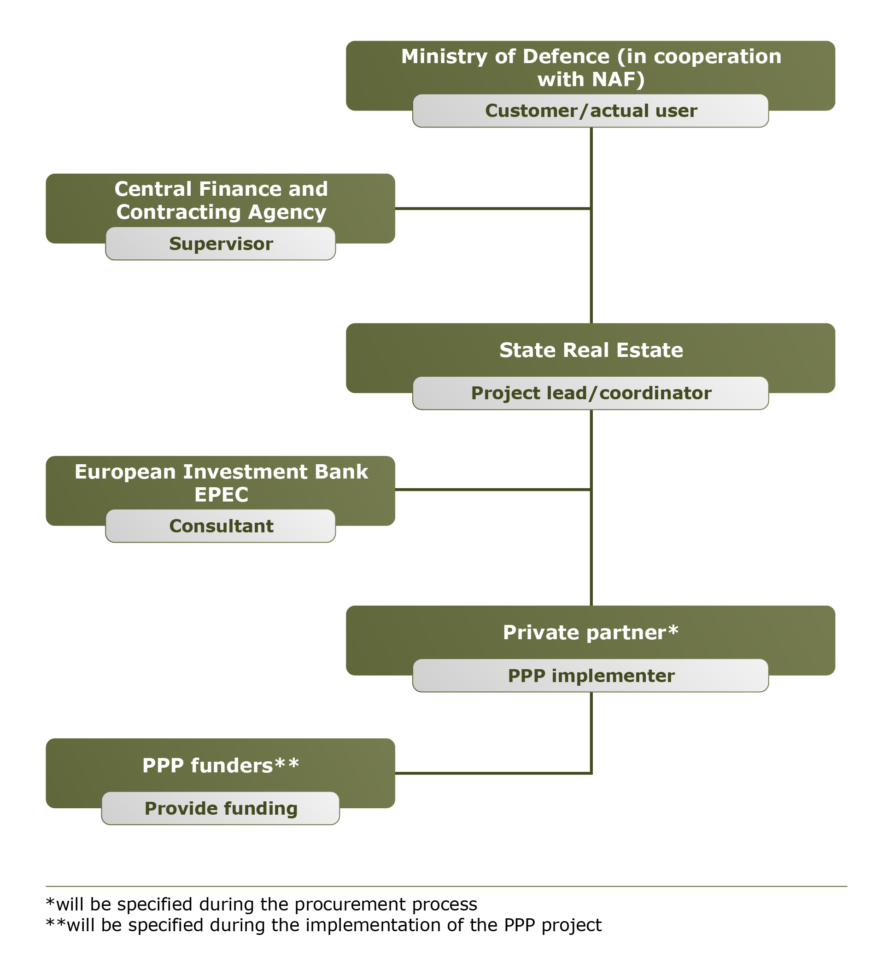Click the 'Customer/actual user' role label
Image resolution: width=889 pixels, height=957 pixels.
590,111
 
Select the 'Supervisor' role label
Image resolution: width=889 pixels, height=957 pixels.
221,244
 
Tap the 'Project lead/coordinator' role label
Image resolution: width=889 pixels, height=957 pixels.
590,393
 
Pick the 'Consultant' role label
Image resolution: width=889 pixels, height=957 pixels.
221,526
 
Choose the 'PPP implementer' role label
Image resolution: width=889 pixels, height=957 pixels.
590,676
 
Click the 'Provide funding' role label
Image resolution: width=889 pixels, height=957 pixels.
221,808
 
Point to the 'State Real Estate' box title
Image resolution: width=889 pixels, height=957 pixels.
590,350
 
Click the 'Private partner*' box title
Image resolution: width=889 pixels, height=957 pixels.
590,632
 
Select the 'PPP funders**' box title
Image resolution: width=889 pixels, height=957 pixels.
221,765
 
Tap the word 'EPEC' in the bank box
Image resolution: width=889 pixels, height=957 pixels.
221,494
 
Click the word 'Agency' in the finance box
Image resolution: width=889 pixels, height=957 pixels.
287,213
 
